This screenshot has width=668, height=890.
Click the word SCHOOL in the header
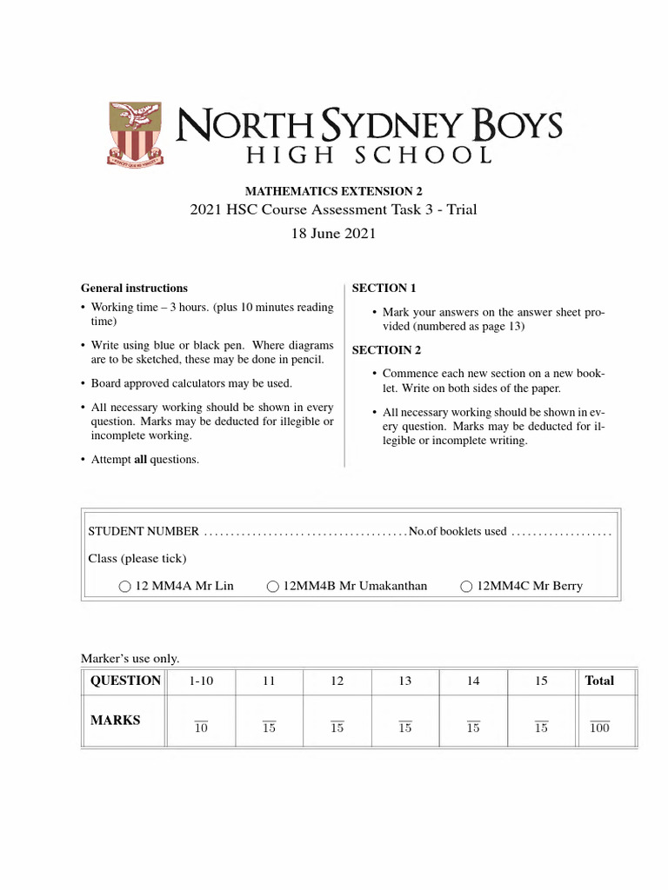425,156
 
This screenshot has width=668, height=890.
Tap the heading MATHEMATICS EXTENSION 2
334,191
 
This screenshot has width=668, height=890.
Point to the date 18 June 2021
334,234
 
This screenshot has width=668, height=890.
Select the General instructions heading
134,288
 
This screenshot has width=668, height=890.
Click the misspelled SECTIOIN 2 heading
386,350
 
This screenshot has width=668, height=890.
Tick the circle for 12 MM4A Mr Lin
125,587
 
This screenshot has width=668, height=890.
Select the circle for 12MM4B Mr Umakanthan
273,587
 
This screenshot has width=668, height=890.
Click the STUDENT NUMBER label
144,531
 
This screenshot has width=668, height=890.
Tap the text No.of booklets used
458,531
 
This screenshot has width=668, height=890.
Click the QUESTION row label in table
126,681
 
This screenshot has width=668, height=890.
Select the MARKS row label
116,721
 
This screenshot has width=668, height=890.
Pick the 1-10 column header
201,681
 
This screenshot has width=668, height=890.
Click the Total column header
599,681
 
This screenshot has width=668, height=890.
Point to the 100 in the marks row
599,727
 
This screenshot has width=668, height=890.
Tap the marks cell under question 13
405,727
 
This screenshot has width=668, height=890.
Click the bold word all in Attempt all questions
140,459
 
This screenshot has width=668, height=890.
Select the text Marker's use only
130,659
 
